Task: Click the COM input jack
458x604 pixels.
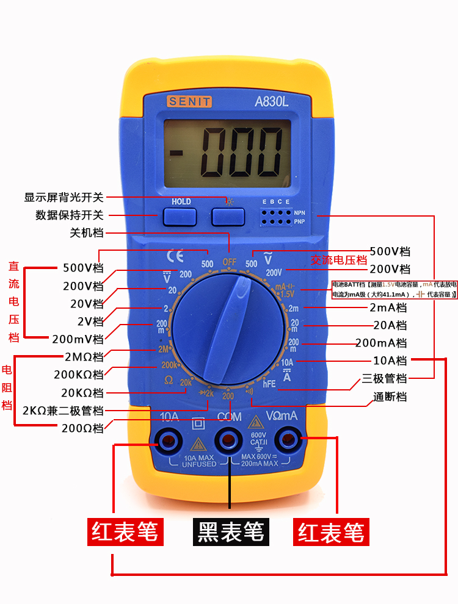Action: click(x=229, y=439)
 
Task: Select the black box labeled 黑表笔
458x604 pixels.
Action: click(x=230, y=531)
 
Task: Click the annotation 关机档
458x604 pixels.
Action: click(x=87, y=233)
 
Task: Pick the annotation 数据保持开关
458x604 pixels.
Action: click(x=70, y=215)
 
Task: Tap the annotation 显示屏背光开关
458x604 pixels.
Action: click(x=64, y=197)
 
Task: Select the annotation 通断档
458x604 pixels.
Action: click(x=390, y=397)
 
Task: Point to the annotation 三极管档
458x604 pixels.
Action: click(x=384, y=378)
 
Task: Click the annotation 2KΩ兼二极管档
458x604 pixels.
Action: click(x=63, y=410)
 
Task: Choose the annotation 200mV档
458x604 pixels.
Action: click(x=78, y=339)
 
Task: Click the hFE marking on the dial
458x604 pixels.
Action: click(x=270, y=384)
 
